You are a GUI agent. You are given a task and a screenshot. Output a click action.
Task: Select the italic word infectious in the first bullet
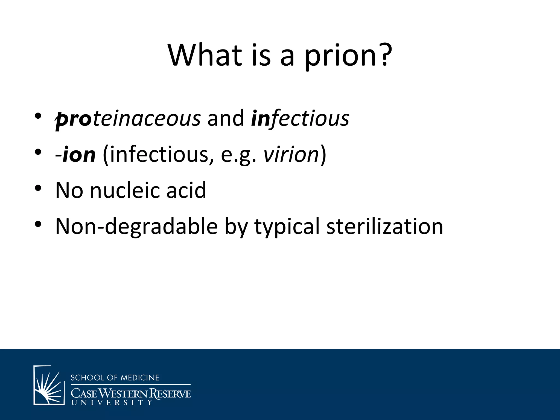300,118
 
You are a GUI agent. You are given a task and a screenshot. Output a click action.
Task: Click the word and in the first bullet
226,118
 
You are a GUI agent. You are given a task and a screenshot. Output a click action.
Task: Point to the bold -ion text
75,155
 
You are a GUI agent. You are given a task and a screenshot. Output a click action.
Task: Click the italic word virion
291,155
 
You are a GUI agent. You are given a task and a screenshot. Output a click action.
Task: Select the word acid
186,190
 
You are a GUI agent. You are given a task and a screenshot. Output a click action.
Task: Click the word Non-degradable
136,226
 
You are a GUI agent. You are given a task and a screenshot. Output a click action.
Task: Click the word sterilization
384,226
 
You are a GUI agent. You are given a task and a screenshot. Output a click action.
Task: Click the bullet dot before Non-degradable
38,224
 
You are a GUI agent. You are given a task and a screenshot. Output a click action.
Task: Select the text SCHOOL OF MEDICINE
115,378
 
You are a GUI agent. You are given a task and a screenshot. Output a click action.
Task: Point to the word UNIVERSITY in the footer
111,402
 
